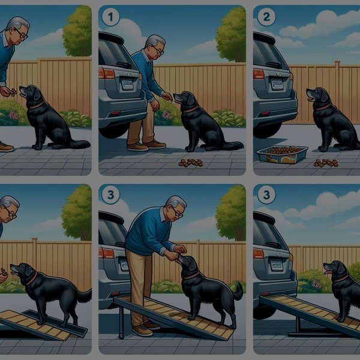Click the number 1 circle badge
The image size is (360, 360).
coord(110,17)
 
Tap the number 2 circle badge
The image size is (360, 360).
coord(265,17)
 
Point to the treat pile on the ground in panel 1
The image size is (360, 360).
coord(191,162)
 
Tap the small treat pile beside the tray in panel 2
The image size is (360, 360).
coord(326,163)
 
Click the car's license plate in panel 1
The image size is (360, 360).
coord(127,85)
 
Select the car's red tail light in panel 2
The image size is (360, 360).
coord(259,74)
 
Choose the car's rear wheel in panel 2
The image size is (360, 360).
coord(264,129)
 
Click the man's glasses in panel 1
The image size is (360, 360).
coord(157,51)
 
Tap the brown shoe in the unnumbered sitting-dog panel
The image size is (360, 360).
coord(5,146)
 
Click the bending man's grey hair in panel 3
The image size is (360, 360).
coord(175,202)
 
